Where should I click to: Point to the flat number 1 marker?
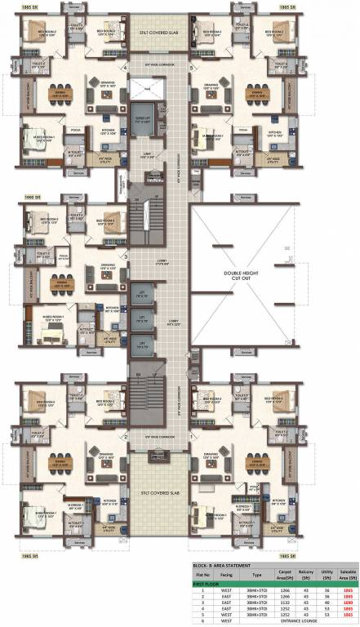[190, 436]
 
